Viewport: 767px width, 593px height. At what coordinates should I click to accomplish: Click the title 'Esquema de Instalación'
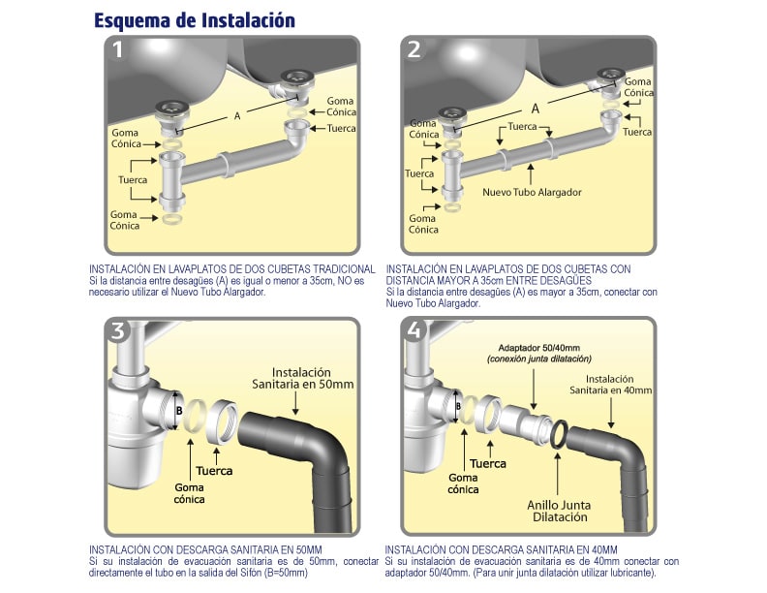tap(195, 20)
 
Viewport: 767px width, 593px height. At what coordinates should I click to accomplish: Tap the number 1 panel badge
tap(117, 49)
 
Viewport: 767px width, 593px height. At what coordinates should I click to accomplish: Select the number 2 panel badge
tap(414, 49)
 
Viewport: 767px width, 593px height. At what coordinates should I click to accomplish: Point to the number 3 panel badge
tap(118, 330)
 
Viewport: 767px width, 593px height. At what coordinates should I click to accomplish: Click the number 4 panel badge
tap(414, 330)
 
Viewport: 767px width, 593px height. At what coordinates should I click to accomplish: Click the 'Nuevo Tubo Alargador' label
tap(532, 192)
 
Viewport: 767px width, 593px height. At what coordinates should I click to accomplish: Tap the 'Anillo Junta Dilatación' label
tap(559, 512)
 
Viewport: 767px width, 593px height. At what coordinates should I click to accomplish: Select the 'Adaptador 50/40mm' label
tap(539, 348)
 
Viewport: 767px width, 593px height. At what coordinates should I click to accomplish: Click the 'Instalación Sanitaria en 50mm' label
tap(302, 378)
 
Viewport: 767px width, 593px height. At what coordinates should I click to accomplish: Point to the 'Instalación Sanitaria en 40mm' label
tap(610, 385)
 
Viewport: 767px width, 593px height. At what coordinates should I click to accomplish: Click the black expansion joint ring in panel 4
tap(559, 433)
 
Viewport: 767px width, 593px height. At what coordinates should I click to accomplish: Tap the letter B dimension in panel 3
tap(179, 411)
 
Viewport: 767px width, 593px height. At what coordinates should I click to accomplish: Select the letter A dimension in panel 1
tap(237, 116)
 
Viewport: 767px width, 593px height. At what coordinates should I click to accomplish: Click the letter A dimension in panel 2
tap(536, 109)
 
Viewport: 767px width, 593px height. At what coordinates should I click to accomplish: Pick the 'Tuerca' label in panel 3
tap(214, 471)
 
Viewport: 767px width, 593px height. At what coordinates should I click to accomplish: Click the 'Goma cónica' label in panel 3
tap(189, 493)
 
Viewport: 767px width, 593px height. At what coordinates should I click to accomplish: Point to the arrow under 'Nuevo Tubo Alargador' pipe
tap(532, 174)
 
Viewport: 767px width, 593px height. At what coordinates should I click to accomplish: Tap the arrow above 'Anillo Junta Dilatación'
tap(558, 474)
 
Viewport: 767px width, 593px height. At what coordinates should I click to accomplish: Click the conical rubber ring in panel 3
tap(195, 416)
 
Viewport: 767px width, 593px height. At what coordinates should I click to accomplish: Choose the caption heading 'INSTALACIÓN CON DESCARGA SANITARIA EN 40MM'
tap(501, 549)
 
